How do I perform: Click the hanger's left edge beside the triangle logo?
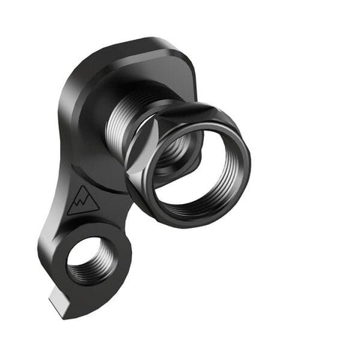57,199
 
